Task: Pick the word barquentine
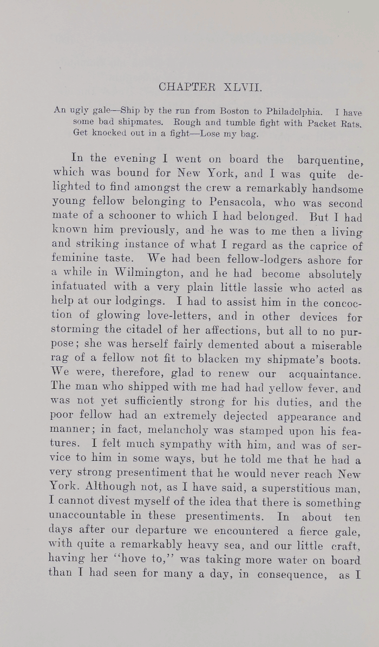pyautogui.click(x=330, y=160)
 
